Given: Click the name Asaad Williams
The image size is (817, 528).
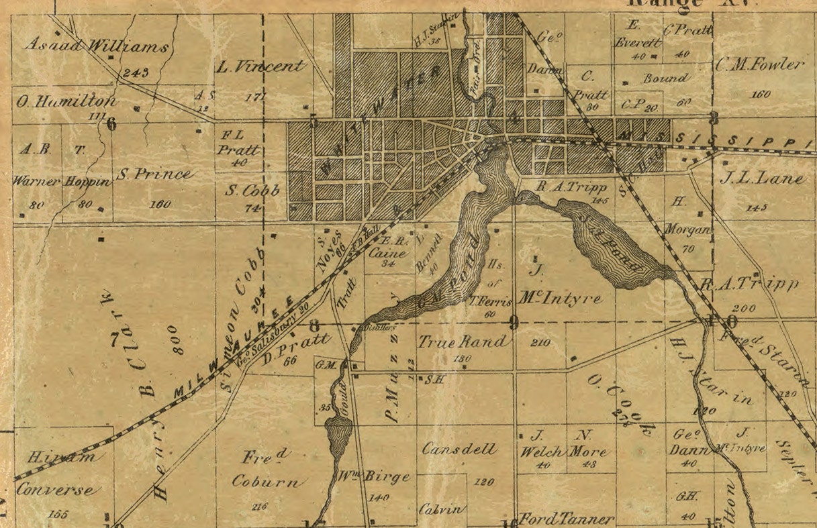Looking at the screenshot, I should [x=96, y=46].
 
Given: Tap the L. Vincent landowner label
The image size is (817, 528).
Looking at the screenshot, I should [x=261, y=66].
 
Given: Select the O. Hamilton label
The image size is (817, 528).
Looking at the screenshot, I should [x=66, y=102].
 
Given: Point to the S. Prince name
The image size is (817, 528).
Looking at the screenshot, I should [x=154, y=174].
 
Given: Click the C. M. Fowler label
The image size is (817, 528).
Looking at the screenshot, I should [x=760, y=65].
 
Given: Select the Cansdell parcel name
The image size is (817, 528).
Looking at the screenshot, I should [x=460, y=449].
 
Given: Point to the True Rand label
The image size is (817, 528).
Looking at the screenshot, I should [x=463, y=341].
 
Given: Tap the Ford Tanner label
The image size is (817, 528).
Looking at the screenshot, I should [x=567, y=519].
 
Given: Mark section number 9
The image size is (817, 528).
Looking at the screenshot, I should [x=514, y=323].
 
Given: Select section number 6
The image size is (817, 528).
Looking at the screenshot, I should [x=111, y=123].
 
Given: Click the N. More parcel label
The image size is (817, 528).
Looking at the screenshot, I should [x=587, y=443].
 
